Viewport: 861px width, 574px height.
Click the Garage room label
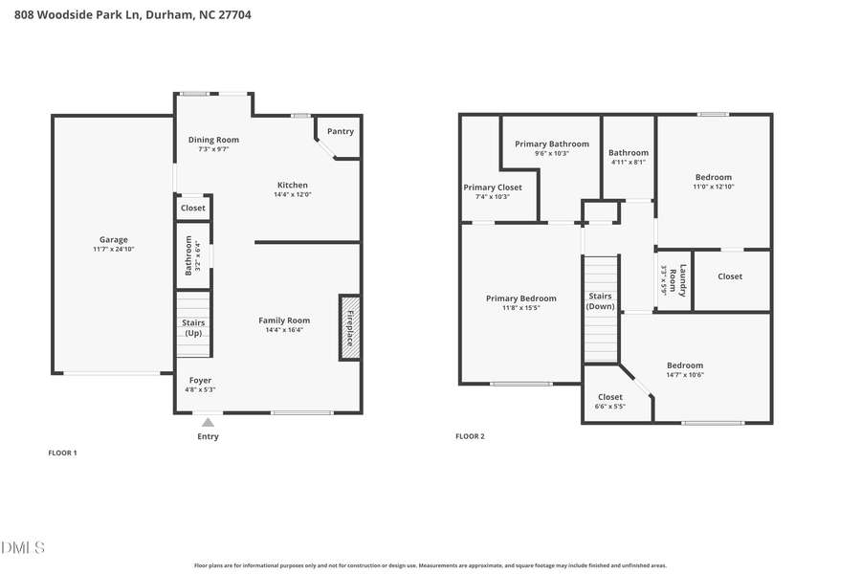[x=113, y=240]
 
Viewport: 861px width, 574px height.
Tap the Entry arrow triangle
[x=208, y=422]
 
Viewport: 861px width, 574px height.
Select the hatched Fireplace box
[x=349, y=327]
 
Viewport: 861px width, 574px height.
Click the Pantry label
[x=340, y=131]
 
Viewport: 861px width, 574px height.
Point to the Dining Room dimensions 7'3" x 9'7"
[x=212, y=150]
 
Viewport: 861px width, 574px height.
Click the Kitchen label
[x=293, y=185]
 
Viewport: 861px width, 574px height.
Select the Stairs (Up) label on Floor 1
[x=193, y=328]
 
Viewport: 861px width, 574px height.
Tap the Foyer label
[x=200, y=380]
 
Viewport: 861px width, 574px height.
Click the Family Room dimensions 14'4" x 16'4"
[x=284, y=330]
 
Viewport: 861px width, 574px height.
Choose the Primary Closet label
[x=493, y=188]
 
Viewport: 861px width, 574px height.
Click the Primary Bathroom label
[x=552, y=143]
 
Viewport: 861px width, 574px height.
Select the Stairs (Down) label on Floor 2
[x=600, y=301]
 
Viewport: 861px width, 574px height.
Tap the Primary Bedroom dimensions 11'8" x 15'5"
[x=520, y=308]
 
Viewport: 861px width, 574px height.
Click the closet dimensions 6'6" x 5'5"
[x=609, y=407]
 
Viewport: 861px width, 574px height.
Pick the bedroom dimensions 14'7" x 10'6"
[x=684, y=375]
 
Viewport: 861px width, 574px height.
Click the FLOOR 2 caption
[x=470, y=436]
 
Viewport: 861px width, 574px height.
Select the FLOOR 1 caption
[x=62, y=452]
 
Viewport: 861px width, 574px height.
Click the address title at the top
[x=133, y=15]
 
